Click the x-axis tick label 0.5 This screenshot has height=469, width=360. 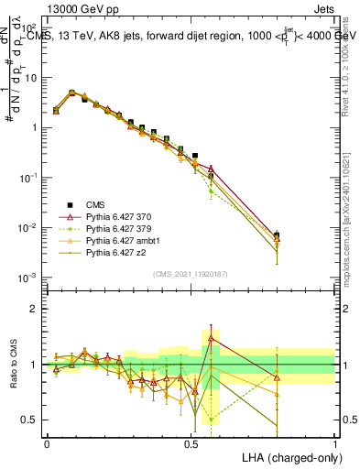pos(191,442)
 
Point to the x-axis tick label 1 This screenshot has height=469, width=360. pos(334,442)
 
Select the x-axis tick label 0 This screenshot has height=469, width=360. pos(47,442)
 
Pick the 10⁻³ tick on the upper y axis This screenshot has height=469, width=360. pos(28,277)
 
